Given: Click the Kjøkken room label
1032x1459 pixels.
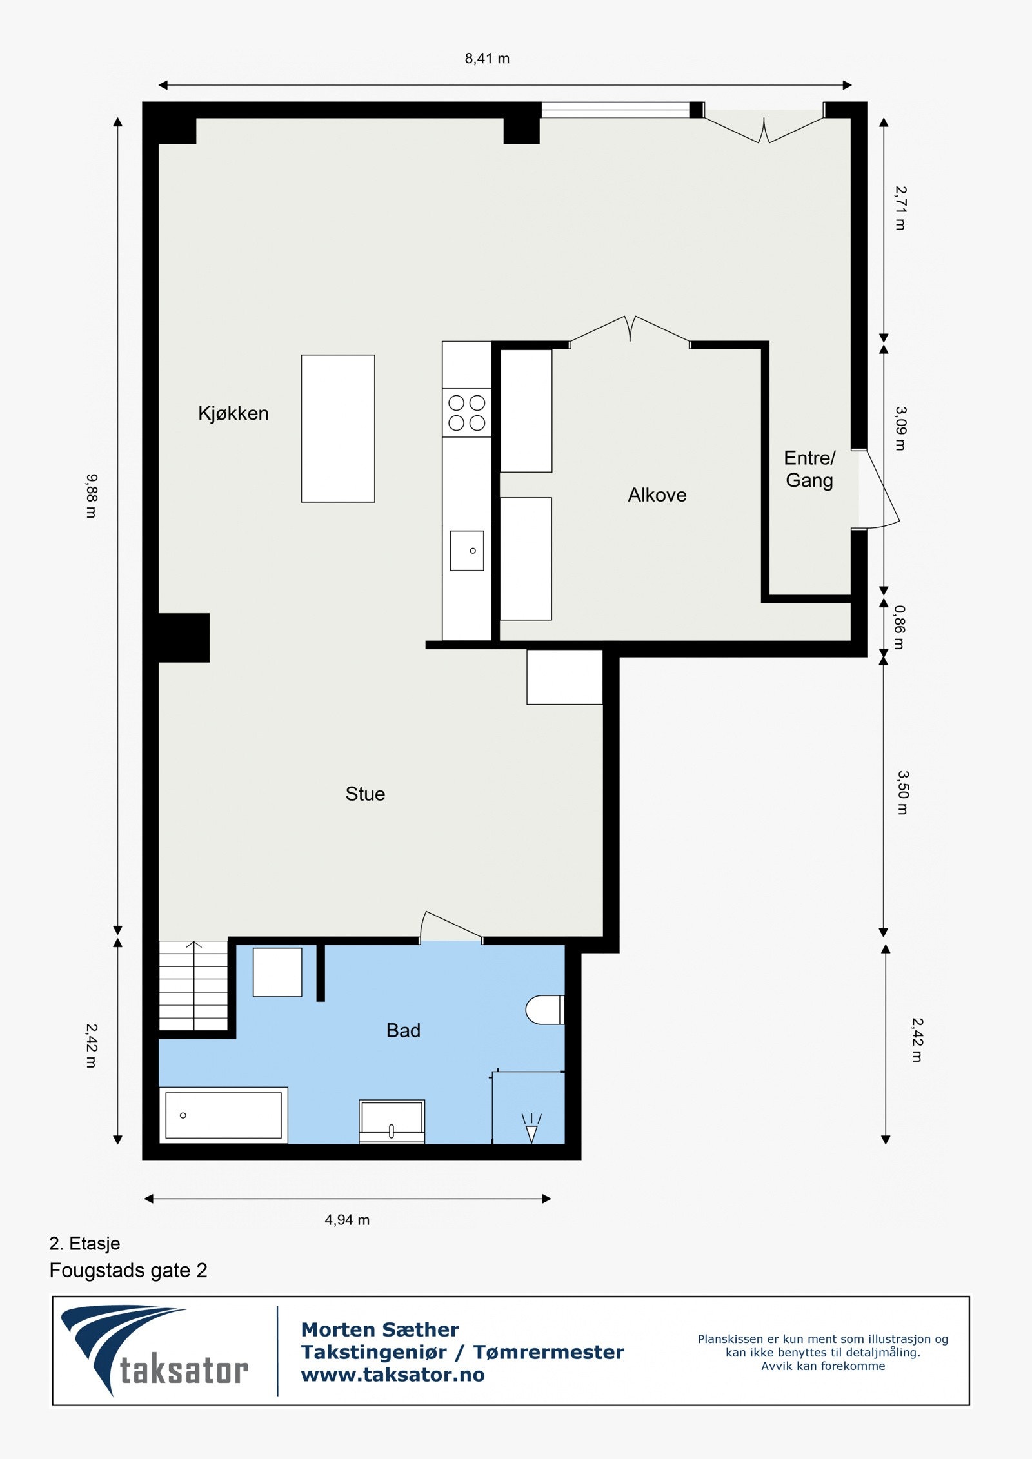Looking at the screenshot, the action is (233, 413).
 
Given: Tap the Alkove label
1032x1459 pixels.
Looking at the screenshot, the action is (657, 495).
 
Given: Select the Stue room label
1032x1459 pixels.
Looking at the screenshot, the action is (365, 794).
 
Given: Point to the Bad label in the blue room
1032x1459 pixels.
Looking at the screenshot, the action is (403, 1030).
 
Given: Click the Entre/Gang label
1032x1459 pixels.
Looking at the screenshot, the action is (809, 469).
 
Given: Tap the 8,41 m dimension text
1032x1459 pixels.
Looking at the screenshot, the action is (487, 59).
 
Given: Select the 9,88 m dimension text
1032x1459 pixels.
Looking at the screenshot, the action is (92, 496).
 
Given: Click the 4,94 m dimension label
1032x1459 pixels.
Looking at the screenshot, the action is (347, 1220).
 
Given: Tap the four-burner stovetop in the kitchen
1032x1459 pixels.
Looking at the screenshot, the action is (466, 413).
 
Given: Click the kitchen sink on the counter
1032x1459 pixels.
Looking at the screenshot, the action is (467, 551).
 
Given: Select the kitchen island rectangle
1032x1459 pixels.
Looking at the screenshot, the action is (338, 429).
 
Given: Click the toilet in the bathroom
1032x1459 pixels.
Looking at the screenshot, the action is (545, 1010).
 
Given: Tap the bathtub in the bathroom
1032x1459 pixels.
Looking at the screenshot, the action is (223, 1115).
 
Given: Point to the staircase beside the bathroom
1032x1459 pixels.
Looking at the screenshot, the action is (193, 986).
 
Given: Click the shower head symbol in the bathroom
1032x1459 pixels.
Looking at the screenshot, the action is (531, 1128).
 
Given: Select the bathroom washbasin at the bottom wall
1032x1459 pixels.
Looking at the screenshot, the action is (392, 1121).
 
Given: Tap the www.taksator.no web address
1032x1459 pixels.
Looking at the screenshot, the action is (393, 1374).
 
